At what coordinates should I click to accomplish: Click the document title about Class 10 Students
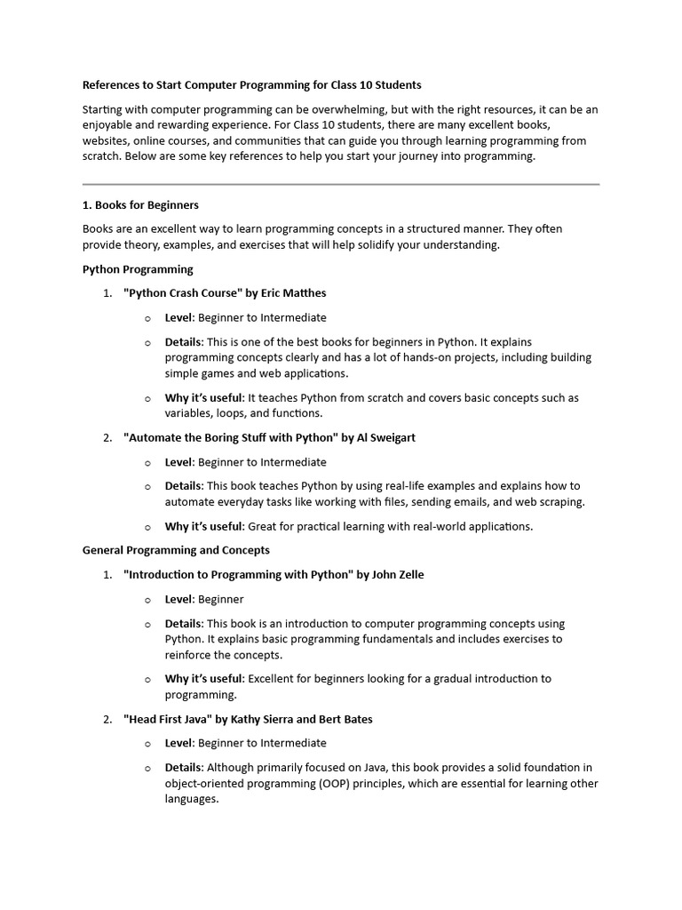click(251, 85)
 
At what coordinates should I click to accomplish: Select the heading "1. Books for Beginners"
click(140, 205)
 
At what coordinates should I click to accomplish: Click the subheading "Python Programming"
click(138, 268)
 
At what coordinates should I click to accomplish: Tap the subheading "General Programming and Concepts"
click(176, 550)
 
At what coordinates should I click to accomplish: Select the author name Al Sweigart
click(385, 437)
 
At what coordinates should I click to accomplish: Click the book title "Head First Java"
click(169, 719)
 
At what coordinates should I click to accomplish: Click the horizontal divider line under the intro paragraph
click(341, 184)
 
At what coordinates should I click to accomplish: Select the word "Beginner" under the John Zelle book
click(220, 599)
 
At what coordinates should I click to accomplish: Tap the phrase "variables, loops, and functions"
click(244, 413)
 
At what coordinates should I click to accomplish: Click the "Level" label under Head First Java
click(178, 743)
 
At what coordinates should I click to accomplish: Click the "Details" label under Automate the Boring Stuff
click(184, 485)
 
